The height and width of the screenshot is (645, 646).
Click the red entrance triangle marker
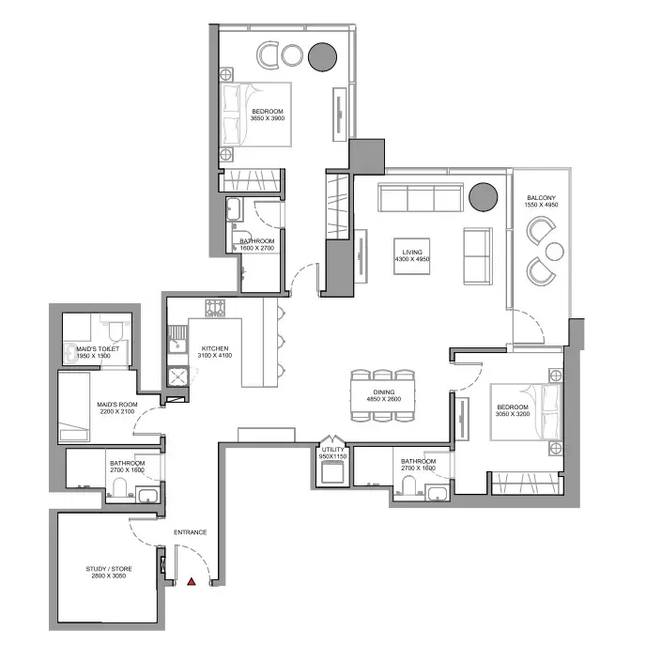[x=192, y=581]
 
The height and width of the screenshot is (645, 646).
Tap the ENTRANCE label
[x=190, y=532]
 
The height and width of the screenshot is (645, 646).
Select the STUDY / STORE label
[x=109, y=569]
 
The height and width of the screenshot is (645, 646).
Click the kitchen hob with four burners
[x=215, y=308]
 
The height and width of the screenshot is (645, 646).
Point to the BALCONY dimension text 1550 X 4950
[x=541, y=205]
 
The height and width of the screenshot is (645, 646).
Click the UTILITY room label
[x=332, y=450]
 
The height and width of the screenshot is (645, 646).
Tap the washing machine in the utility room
[x=332, y=471]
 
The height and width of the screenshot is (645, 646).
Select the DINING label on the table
[x=383, y=392]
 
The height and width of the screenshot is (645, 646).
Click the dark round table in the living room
[x=484, y=197]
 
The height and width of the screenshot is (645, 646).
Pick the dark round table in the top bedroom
[x=323, y=57]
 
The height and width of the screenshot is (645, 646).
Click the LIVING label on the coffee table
[x=412, y=252]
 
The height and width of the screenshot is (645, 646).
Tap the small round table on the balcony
[x=554, y=252]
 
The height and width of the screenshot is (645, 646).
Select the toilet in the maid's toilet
[x=115, y=330]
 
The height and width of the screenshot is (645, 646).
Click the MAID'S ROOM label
[x=117, y=405]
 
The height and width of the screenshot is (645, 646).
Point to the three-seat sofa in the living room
[x=421, y=198]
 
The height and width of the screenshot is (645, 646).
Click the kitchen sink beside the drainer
[x=177, y=346]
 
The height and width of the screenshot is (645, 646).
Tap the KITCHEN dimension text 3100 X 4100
[x=215, y=356]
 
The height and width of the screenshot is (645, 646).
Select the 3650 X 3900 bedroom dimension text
[x=268, y=118]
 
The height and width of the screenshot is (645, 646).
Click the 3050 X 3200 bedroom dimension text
[x=512, y=414]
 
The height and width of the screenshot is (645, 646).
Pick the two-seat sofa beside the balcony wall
[x=478, y=256]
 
